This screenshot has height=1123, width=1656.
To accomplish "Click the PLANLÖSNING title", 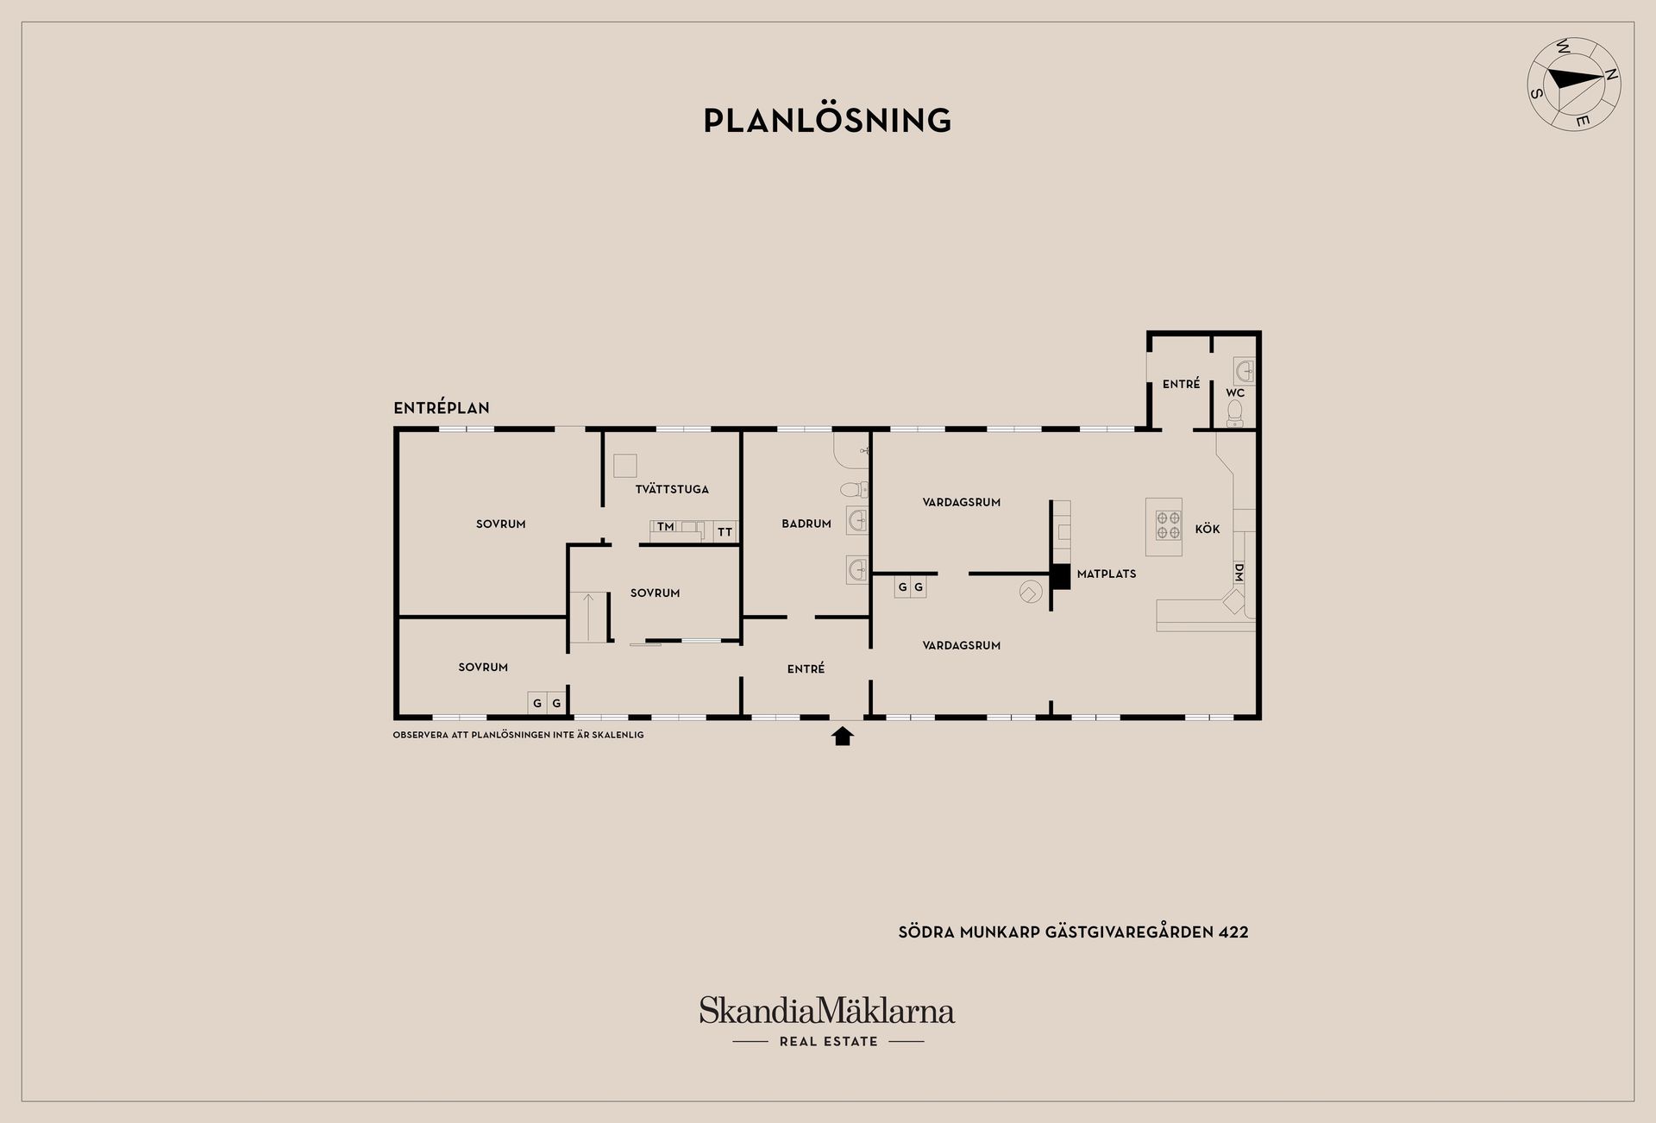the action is click(827, 120).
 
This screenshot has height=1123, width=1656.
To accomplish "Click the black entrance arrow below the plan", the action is click(843, 736).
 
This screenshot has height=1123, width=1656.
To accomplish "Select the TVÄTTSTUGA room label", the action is click(672, 489).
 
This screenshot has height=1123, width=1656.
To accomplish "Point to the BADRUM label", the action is click(806, 524).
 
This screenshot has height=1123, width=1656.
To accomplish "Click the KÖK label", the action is click(1207, 529).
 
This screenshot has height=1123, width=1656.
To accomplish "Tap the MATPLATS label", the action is click(1107, 574).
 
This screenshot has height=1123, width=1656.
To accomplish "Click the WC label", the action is click(1235, 392).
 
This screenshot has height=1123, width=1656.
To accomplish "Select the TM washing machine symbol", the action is click(665, 526).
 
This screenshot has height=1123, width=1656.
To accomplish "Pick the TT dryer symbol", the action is click(724, 531).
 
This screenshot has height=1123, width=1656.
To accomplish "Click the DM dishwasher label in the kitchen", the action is click(1239, 572).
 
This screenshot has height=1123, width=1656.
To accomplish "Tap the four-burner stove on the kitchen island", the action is click(1169, 526).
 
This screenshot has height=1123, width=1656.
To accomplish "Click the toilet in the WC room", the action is click(1235, 412).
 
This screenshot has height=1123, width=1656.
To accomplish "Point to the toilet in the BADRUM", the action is click(854, 490).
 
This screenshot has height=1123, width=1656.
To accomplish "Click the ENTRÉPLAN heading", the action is click(442, 408).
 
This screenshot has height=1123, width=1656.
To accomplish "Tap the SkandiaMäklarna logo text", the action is click(827, 1010).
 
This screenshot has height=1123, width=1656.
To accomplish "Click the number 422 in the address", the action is click(1233, 932).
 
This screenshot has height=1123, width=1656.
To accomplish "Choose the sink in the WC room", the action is click(1244, 372).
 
